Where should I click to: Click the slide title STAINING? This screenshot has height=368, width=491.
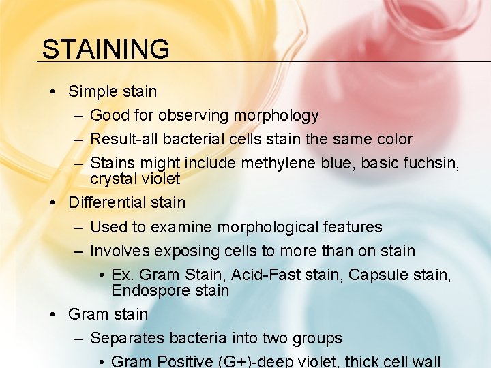pyautogui.click(x=106, y=49)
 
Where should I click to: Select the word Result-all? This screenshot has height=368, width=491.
pyautogui.click(x=124, y=139)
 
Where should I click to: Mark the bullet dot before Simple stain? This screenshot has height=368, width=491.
pyautogui.click(x=53, y=91)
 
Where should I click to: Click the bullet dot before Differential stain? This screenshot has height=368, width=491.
pyautogui.click(x=53, y=202)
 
